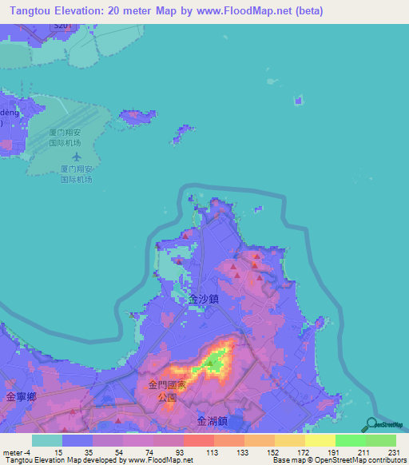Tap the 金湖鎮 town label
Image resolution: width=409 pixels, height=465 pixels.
(x=212, y=420)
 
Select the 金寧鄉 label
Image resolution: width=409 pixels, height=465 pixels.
(x=21, y=396)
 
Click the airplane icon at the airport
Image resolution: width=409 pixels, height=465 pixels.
(x=76, y=156)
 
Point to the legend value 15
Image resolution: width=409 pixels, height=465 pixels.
(x=58, y=452)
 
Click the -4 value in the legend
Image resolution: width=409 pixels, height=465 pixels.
(x=27, y=452)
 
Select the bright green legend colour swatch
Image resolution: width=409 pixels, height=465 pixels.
(x=350, y=440)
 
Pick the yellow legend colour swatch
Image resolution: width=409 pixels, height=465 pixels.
(x=320, y=440)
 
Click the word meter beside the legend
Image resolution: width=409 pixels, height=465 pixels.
(x=11, y=452)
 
